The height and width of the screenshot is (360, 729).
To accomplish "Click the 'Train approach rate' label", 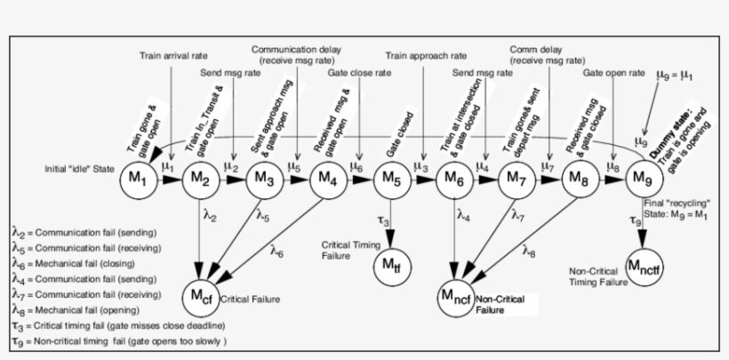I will point(426,55).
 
